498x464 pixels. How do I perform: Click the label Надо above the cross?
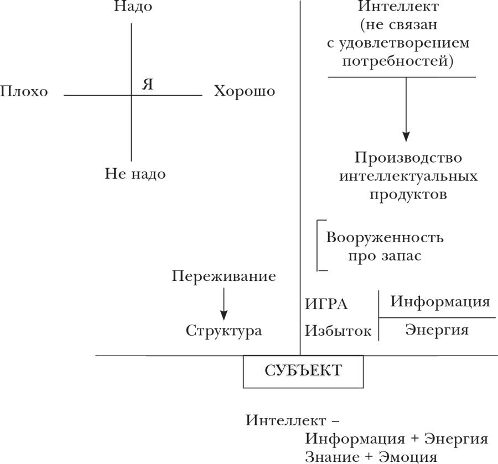point(132,7)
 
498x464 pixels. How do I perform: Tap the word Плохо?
point(24,92)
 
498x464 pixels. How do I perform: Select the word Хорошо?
point(244,91)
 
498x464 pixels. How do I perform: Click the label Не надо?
point(135,174)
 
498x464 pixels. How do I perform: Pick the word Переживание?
point(224,276)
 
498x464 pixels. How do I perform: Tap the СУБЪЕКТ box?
point(303,371)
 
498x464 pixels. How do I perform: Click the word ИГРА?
point(327,304)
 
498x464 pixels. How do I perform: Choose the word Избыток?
point(338,331)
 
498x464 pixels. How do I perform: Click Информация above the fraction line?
point(440,302)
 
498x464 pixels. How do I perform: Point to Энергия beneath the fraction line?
point(437,330)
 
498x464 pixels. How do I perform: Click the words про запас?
point(384,256)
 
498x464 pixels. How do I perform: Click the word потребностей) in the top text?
point(398,60)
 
